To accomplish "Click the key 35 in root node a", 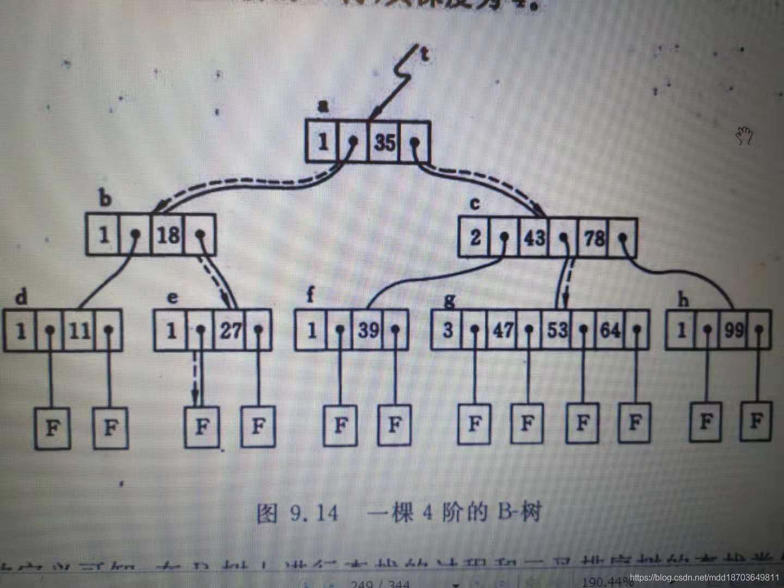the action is click(x=385, y=143).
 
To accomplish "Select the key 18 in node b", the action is click(x=168, y=236).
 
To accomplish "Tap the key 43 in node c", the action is click(x=534, y=237).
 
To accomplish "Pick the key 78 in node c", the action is click(x=594, y=238).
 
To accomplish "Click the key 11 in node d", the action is click(x=79, y=330).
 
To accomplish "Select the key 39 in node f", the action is click(x=368, y=330).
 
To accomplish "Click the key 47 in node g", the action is click(x=501, y=330).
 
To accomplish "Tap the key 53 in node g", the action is click(x=556, y=330).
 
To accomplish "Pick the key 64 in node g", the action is click(x=610, y=330).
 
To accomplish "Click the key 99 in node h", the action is click(x=733, y=330).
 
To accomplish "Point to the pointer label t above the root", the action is click(x=425, y=53).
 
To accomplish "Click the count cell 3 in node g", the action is click(x=448, y=330).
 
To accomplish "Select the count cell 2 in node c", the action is click(x=475, y=238).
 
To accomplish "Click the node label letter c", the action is click(x=475, y=204).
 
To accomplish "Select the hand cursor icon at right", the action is click(x=744, y=136).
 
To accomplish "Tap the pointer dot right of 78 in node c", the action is click(x=623, y=238).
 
